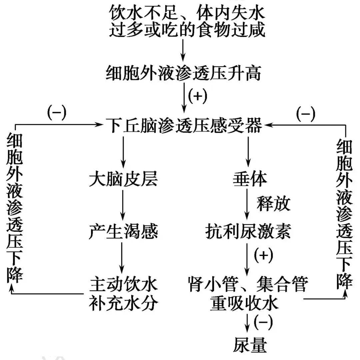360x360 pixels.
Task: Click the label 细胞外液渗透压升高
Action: [183, 73]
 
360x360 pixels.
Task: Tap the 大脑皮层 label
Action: [123, 179]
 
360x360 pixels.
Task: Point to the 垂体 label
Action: [250, 179]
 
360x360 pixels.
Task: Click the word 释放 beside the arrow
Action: [273, 204]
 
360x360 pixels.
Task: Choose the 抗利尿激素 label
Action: [248, 231]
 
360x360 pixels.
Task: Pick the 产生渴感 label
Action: [123, 231]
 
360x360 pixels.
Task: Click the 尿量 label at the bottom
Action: [250, 345]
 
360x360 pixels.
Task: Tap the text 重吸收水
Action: [244, 303]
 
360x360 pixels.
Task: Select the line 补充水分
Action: [123, 303]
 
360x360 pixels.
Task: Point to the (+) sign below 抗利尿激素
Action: [264, 255]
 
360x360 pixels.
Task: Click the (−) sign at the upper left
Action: [57, 112]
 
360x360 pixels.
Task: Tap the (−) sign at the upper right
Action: [306, 114]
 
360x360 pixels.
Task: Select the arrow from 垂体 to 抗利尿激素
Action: [247, 204]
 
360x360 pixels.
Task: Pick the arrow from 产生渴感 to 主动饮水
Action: [122, 257]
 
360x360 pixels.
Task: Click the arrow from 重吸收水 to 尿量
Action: [247, 323]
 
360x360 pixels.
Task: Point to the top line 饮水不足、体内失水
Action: [187, 13]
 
